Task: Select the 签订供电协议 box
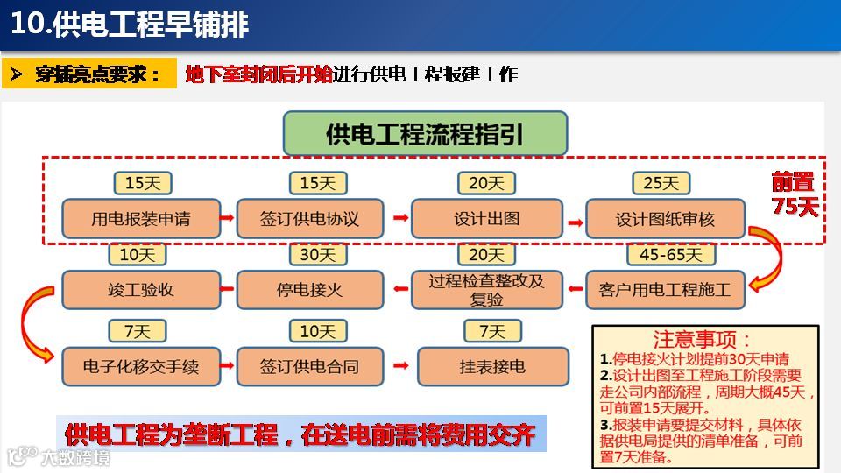[x=309, y=218]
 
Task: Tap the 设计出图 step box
[x=486, y=218]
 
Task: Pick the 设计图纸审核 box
[x=665, y=218]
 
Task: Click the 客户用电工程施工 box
[x=665, y=289]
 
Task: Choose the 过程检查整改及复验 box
[x=486, y=289]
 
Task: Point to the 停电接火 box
[x=309, y=289]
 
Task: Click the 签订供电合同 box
[x=309, y=366]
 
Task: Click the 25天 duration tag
[x=661, y=183]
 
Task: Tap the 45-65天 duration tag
[x=671, y=255]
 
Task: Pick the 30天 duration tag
[x=317, y=255]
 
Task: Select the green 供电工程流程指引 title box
[x=425, y=134]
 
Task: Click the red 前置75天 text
[x=794, y=194]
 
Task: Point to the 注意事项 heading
[x=702, y=339]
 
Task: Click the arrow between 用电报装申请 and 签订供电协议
[x=226, y=218]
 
